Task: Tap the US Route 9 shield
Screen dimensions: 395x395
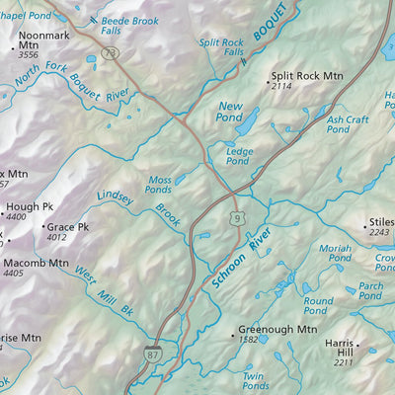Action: [239, 217]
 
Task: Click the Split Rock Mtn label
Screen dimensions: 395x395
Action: [306, 75]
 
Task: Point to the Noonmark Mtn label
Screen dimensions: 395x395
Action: [44, 36]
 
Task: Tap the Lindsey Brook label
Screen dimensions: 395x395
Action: [138, 204]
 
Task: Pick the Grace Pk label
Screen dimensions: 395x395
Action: [69, 226]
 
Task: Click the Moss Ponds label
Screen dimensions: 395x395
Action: [158, 185]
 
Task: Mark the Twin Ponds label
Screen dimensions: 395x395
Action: [255, 381]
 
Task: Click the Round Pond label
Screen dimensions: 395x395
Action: [318, 306]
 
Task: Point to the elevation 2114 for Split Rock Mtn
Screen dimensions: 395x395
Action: [283, 87]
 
